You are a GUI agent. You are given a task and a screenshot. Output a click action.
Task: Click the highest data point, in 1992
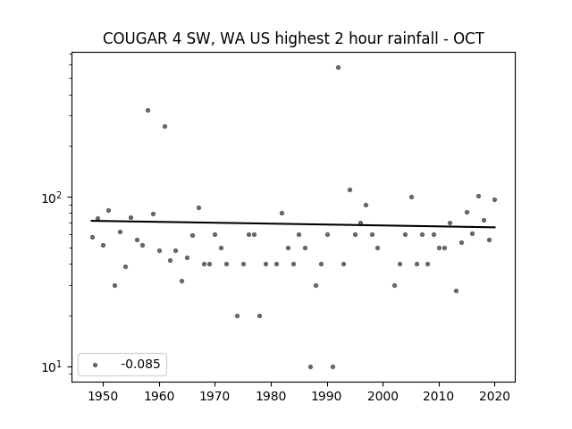(338, 68)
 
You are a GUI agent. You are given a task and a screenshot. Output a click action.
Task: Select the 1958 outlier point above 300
(147, 111)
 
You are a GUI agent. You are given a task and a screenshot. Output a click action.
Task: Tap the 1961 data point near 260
(164, 127)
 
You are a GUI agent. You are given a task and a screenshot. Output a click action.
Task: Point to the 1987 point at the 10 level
(310, 367)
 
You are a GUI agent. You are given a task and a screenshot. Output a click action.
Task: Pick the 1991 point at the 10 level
(332, 367)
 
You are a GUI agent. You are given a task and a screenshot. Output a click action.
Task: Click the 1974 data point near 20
(237, 315)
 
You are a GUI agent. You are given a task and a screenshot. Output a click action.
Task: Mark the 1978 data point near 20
(259, 315)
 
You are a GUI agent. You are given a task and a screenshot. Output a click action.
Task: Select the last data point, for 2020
(494, 200)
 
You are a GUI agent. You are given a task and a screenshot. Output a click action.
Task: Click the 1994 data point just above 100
(349, 190)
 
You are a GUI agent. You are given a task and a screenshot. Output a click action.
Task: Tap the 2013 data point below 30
(456, 291)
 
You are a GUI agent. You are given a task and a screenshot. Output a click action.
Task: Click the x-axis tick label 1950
(104, 396)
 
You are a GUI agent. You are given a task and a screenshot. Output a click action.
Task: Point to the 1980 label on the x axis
(271, 396)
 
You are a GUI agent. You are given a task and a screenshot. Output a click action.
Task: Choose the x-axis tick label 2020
(494, 396)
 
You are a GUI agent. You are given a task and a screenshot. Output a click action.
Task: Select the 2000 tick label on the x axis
(383, 396)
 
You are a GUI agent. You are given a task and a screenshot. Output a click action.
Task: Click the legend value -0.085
(140, 364)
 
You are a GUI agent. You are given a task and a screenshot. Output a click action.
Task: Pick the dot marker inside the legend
(96, 365)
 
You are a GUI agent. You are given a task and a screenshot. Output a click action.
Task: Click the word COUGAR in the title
(135, 38)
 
